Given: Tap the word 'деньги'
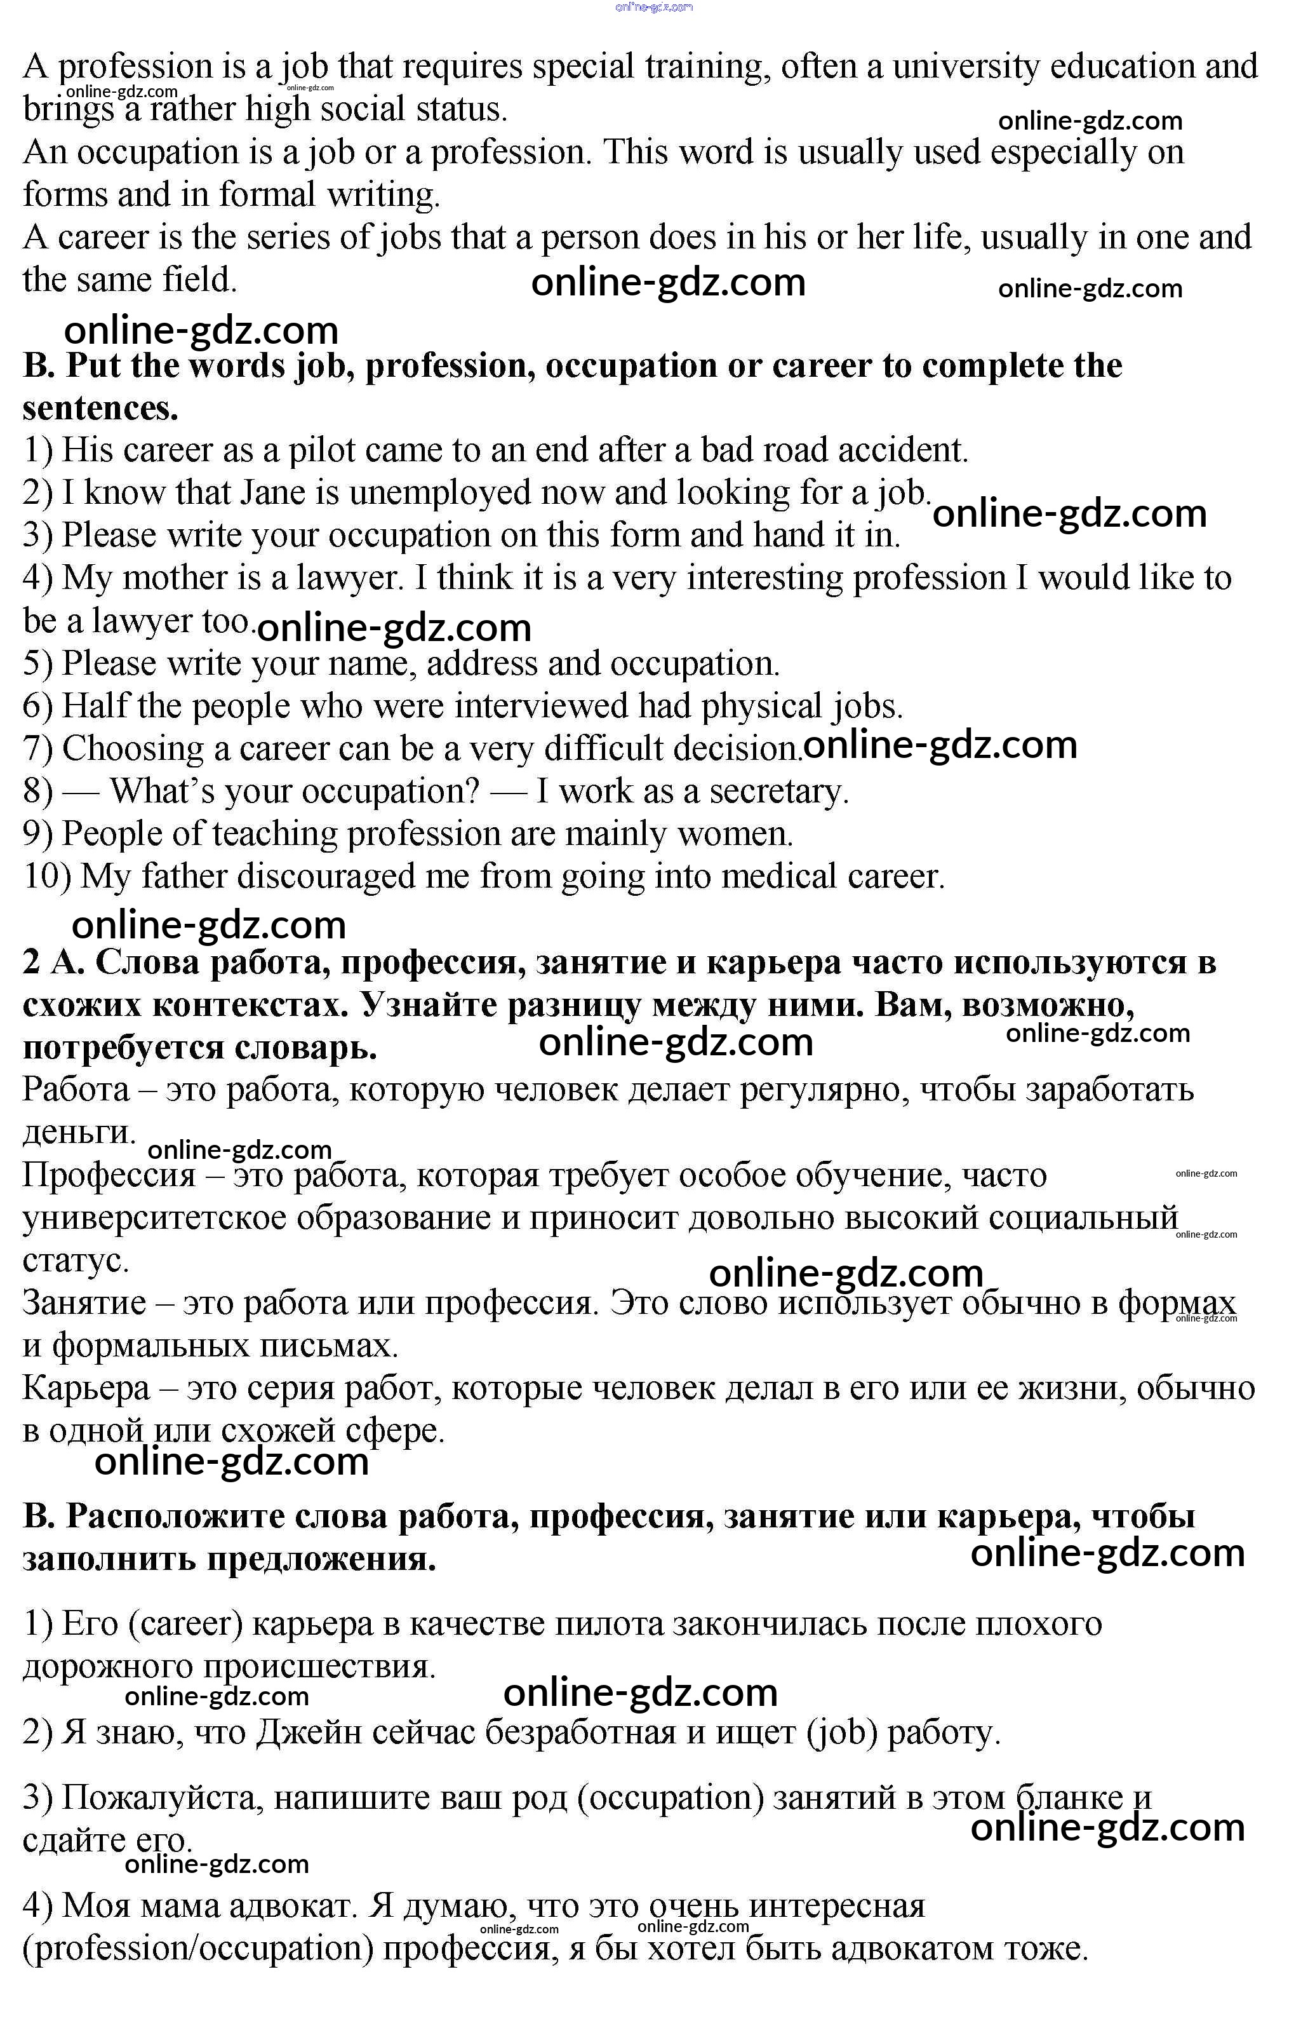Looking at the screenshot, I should pos(78,1133).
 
